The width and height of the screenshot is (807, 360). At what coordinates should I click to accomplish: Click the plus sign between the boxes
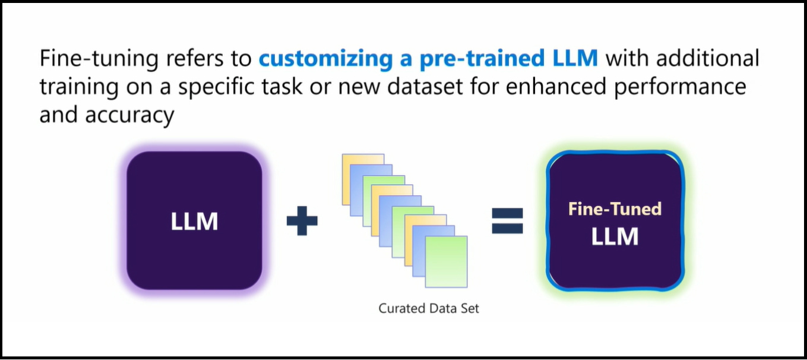tap(302, 220)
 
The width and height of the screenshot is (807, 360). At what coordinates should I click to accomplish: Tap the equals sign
tap(507, 220)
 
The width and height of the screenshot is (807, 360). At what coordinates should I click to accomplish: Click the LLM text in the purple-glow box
tap(195, 221)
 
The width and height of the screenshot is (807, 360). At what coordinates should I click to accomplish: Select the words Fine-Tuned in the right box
tap(615, 209)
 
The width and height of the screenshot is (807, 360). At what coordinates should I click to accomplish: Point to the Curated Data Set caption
tap(429, 308)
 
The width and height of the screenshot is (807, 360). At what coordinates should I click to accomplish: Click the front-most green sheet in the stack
tap(447, 261)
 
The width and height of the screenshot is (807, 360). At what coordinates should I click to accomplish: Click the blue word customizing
tap(325, 58)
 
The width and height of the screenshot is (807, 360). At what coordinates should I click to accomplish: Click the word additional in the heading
tap(708, 58)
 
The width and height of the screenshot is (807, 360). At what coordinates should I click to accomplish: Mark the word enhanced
tap(556, 87)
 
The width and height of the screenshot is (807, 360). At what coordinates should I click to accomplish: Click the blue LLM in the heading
tap(575, 58)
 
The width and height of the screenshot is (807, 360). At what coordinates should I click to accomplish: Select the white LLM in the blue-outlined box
tap(615, 236)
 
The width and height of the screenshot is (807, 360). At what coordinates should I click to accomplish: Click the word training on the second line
tap(79, 87)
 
